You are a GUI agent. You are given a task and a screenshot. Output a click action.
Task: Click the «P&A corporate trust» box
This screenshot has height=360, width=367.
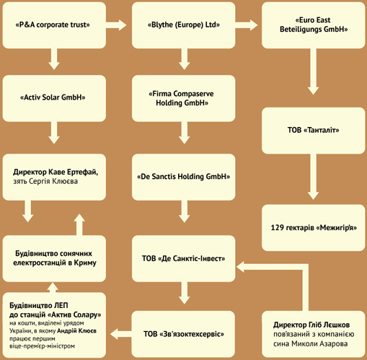pyautogui.click(x=54, y=25)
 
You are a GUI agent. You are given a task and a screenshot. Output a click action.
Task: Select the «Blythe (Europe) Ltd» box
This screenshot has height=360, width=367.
pyautogui.click(x=183, y=25)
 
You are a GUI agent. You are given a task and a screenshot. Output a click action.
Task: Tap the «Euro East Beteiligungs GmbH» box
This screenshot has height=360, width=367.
pyautogui.click(x=314, y=25)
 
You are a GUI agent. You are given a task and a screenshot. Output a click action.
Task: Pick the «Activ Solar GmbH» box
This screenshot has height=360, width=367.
pyautogui.click(x=54, y=98)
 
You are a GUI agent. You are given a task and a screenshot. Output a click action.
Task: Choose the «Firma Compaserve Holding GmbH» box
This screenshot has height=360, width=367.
pyautogui.click(x=183, y=98)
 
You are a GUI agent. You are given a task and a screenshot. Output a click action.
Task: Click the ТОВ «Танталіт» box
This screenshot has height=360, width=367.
pyautogui.click(x=314, y=131)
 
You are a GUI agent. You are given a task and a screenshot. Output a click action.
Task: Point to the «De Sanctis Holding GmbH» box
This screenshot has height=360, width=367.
pyautogui.click(x=183, y=177)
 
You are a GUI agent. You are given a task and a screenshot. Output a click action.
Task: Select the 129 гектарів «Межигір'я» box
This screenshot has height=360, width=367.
pyautogui.click(x=314, y=228)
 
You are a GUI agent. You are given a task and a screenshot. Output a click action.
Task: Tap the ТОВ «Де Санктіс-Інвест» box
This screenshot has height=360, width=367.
pyautogui.click(x=183, y=258)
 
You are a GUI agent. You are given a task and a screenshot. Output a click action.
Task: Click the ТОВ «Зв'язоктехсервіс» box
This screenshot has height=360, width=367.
pyautogui.click(x=183, y=334)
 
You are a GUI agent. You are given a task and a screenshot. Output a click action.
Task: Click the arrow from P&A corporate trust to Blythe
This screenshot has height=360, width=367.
pyautogui.click(x=116, y=25)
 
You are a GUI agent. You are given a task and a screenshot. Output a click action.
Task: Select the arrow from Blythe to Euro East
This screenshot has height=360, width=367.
pyautogui.click(x=247, y=25)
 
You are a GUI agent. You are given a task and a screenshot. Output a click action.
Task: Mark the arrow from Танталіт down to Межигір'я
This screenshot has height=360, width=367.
pyautogui.click(x=313, y=177)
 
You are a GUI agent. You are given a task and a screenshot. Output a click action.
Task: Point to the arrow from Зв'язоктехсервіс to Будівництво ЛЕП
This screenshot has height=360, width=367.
pyautogui.click(x=121, y=334)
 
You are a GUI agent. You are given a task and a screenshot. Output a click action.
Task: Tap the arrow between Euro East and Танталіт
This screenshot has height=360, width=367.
pyautogui.click(x=313, y=71)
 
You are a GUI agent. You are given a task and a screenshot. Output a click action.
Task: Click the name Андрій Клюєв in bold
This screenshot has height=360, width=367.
pyautogui.click(x=76, y=331)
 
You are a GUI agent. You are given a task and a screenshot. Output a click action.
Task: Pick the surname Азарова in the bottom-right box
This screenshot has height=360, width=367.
pyautogui.click(x=332, y=344)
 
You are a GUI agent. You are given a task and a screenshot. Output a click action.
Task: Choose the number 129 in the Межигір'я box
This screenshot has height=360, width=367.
pyautogui.click(x=277, y=227)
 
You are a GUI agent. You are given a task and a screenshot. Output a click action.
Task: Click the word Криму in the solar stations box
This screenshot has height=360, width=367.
pyautogui.click(x=85, y=263)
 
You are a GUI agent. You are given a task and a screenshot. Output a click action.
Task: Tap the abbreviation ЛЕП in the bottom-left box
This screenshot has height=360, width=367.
pyautogui.click(x=61, y=305)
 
